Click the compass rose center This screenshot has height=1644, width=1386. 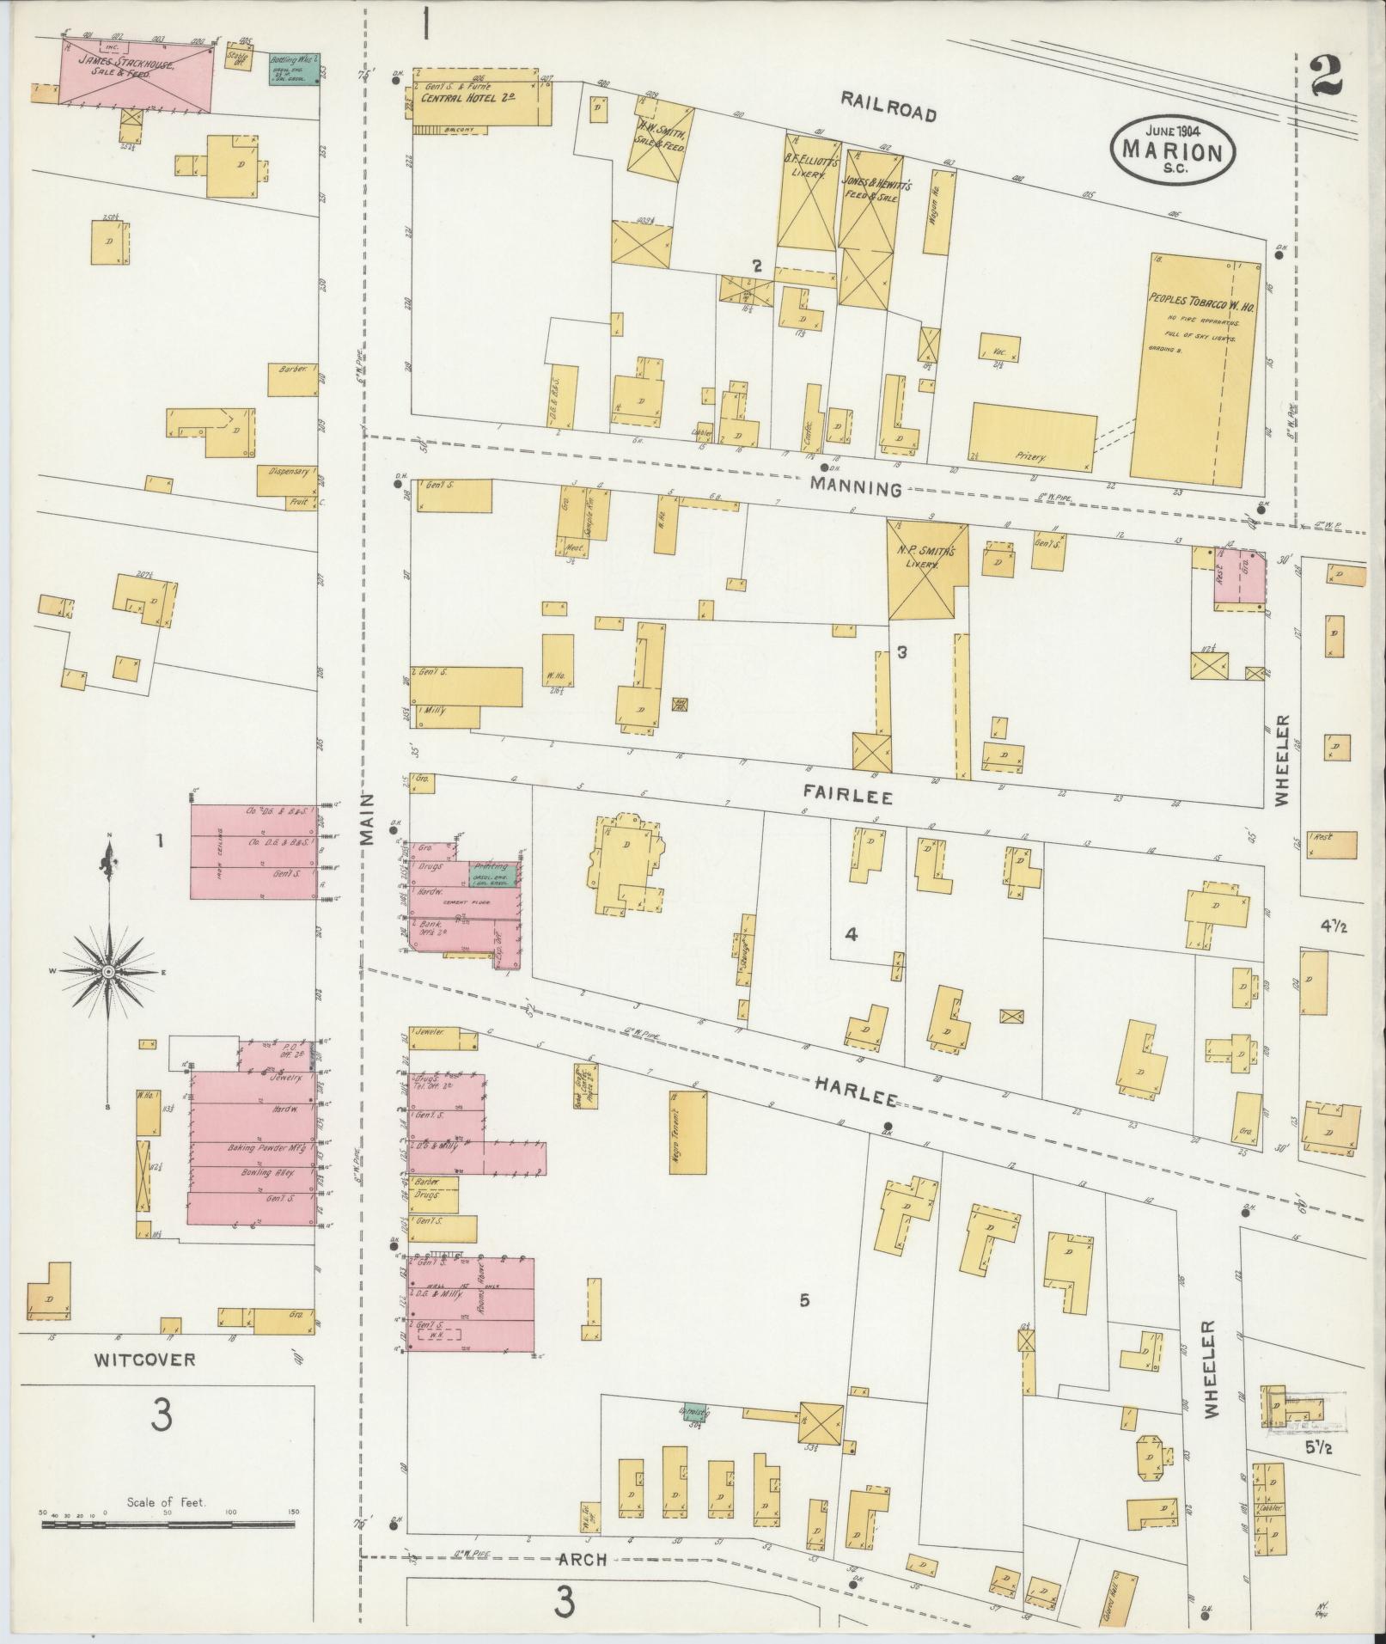(109, 971)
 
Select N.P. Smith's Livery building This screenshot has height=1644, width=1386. (927, 570)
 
